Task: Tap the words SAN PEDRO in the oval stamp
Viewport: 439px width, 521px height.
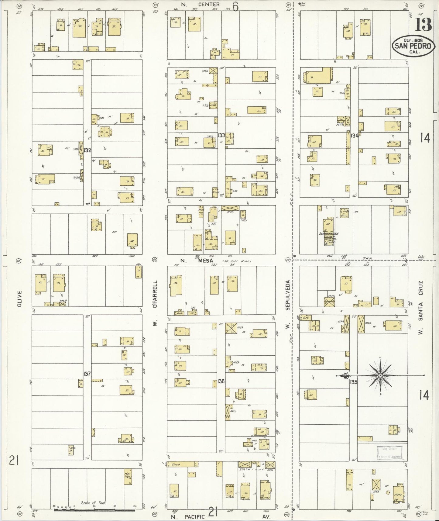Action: pos(413,46)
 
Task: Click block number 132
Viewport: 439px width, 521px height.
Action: pos(87,150)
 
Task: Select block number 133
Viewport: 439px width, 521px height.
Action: pos(221,135)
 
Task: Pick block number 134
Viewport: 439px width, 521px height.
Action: pos(354,136)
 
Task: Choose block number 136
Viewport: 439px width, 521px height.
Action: pos(221,381)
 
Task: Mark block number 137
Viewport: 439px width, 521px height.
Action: pos(87,374)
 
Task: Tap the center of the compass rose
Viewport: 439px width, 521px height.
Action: pos(380,376)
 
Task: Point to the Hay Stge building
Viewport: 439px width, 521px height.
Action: pos(128,477)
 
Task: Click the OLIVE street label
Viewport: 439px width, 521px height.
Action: pos(19,298)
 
